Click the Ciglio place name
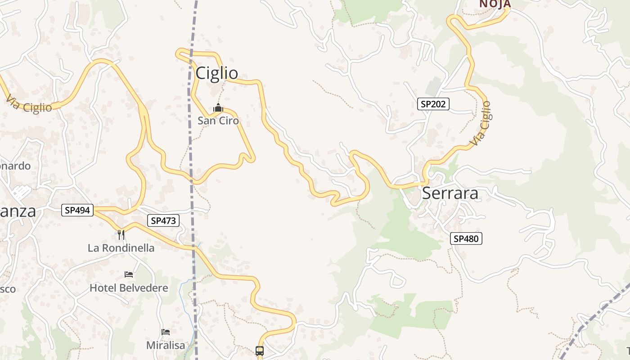point(216,73)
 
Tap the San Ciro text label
point(218,121)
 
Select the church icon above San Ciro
point(218,108)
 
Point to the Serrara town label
point(450,193)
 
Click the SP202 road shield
point(433,104)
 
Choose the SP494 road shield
point(77,210)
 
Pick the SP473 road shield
point(163,220)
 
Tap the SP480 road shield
point(466,238)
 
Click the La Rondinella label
point(121,248)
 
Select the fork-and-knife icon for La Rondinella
point(121,234)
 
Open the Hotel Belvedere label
point(129,288)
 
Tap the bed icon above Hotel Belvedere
point(129,274)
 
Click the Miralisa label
point(166,345)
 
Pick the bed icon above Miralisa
point(166,332)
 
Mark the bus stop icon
point(260,351)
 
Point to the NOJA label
point(495,4)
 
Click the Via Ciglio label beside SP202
point(480,123)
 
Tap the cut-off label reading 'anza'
point(18,211)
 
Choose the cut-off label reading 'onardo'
point(15,166)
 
